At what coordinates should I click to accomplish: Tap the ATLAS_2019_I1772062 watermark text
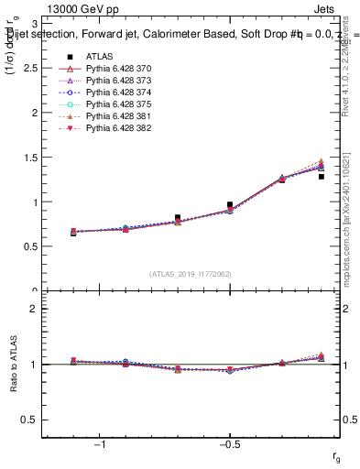pos(191,274)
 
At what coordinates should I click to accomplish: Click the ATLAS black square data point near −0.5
pos(230,205)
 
